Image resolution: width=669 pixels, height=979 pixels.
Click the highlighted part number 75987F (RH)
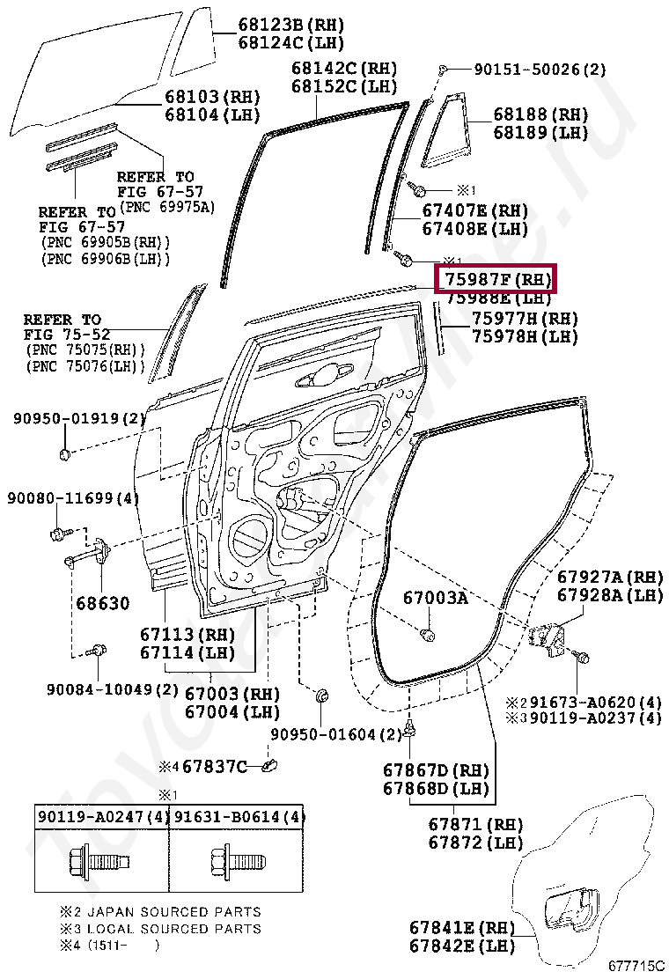[x=496, y=279]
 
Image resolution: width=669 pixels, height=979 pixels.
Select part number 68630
[x=102, y=604]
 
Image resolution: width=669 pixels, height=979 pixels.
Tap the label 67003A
[x=436, y=598]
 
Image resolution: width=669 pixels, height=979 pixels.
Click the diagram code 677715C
[x=635, y=966]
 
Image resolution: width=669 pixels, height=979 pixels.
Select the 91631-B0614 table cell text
[x=238, y=817]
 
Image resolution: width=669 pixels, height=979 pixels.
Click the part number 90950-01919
[x=77, y=418]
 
